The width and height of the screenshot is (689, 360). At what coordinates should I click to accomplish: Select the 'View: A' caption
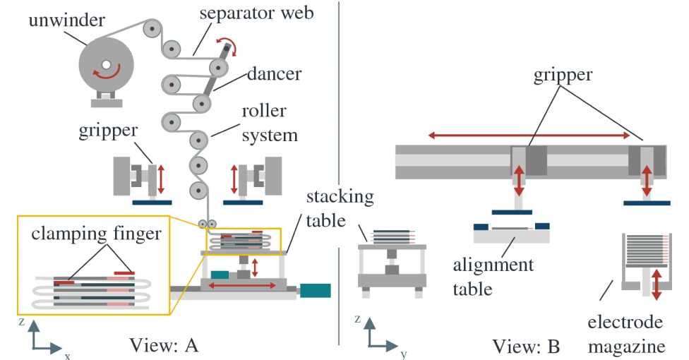[x=164, y=345]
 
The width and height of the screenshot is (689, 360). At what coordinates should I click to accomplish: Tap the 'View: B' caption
[x=526, y=346]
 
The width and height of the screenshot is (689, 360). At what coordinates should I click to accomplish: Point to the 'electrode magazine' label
[x=625, y=335]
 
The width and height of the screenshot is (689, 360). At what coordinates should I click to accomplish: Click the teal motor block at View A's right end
[x=315, y=289]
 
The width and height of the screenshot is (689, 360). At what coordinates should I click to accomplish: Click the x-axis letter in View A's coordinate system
[x=68, y=356]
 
